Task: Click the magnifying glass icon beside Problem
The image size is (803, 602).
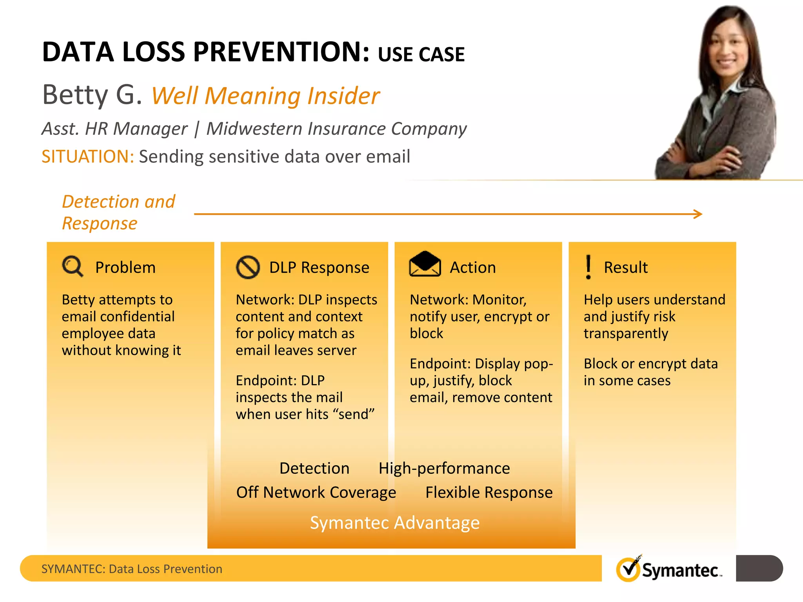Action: [73, 267]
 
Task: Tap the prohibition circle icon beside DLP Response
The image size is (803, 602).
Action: [248, 267]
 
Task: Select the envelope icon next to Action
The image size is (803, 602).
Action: [425, 264]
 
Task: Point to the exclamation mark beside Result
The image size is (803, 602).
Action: [588, 267]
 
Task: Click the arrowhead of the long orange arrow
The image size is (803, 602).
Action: [698, 214]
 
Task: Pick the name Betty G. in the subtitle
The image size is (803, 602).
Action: [92, 95]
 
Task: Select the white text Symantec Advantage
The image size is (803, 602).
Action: [394, 522]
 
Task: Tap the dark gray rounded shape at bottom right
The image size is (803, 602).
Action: [759, 568]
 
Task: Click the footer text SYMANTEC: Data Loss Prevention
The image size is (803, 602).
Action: [132, 569]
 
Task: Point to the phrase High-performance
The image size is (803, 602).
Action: [444, 468]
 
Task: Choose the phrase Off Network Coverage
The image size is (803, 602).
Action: [316, 492]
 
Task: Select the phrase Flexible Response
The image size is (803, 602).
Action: [489, 492]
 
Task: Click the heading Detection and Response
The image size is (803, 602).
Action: [118, 212]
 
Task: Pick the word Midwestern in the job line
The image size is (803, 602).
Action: [254, 129]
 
